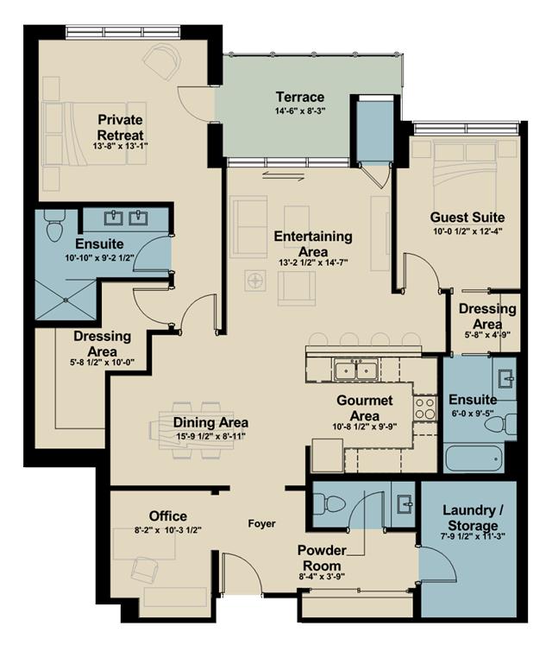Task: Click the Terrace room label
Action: [x=300, y=98]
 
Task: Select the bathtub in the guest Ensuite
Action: [x=474, y=458]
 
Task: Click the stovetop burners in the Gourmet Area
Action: [x=424, y=408]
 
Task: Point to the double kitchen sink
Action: [x=356, y=369]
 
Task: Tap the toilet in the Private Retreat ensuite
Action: [x=54, y=225]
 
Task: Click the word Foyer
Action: [x=261, y=523]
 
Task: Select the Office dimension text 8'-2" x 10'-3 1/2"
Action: [x=168, y=530]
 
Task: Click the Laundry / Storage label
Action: [x=473, y=518]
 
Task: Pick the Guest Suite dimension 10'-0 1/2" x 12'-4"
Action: [x=467, y=231]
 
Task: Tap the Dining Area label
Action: [x=210, y=423]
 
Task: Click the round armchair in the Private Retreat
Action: [x=163, y=60]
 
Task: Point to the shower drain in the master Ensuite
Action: [x=66, y=300]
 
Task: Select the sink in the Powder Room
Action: [x=404, y=504]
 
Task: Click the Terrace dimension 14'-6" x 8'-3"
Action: [x=300, y=111]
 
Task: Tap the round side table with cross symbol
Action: [x=255, y=281]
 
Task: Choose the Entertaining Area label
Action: [x=313, y=243]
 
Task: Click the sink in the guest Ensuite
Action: [x=506, y=379]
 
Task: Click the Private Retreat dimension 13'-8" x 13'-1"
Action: [x=120, y=146]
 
